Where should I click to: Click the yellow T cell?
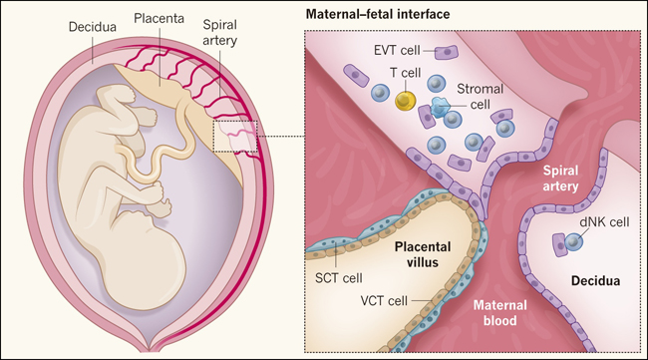click(406, 102)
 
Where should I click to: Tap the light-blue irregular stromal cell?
click(440, 108)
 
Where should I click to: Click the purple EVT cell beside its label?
click(446, 53)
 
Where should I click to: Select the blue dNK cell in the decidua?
click(573, 241)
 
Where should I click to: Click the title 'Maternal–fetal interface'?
click(378, 15)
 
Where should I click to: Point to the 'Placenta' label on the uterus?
click(159, 19)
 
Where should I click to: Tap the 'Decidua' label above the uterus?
click(92, 27)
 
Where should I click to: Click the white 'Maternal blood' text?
click(500, 313)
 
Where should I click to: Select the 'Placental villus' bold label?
click(423, 254)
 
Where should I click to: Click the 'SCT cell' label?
click(339, 278)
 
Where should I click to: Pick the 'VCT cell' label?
click(384, 300)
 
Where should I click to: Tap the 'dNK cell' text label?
click(604, 222)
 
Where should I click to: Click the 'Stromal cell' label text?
click(480, 97)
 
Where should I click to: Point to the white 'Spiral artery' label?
click(560, 179)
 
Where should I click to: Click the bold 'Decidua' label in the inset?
click(595, 281)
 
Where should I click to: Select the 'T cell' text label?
click(406, 73)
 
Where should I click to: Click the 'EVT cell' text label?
click(397, 51)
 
